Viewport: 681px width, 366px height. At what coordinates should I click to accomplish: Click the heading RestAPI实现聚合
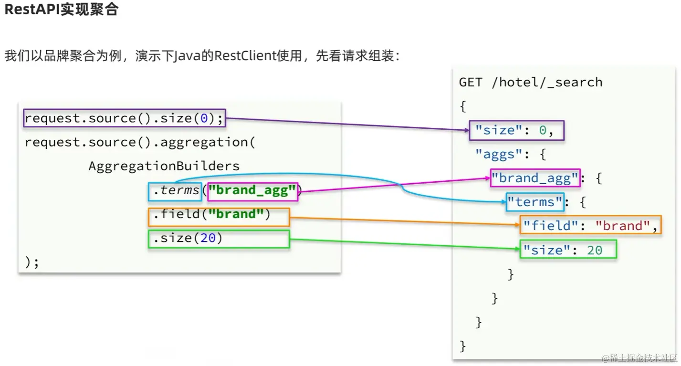pos(61,10)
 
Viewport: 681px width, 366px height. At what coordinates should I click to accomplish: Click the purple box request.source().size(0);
pos(124,118)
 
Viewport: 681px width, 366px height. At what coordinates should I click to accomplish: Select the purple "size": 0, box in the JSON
pos(516,130)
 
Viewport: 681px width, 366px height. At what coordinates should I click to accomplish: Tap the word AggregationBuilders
pos(164,166)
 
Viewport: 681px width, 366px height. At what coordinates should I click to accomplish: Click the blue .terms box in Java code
pos(175,191)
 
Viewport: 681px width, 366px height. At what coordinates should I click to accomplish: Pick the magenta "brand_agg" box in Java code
pos(252,191)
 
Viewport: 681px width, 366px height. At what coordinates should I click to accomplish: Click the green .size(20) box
pos(219,239)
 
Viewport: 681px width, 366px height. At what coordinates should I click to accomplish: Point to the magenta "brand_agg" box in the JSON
pos(535,178)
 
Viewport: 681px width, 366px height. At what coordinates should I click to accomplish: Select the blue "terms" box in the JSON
pos(535,202)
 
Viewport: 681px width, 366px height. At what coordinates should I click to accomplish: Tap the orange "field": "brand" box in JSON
pos(590,225)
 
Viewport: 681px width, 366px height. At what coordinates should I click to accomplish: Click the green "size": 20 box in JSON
pos(568,250)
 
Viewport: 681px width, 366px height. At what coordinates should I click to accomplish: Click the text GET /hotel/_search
pos(531,83)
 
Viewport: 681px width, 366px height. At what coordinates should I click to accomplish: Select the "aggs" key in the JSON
pos(495,155)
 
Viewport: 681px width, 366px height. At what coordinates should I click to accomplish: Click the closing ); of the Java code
pos(32,262)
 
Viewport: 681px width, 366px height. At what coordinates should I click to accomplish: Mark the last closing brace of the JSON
pos(462,345)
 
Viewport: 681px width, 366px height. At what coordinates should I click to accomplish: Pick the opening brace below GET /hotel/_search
pos(462,106)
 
